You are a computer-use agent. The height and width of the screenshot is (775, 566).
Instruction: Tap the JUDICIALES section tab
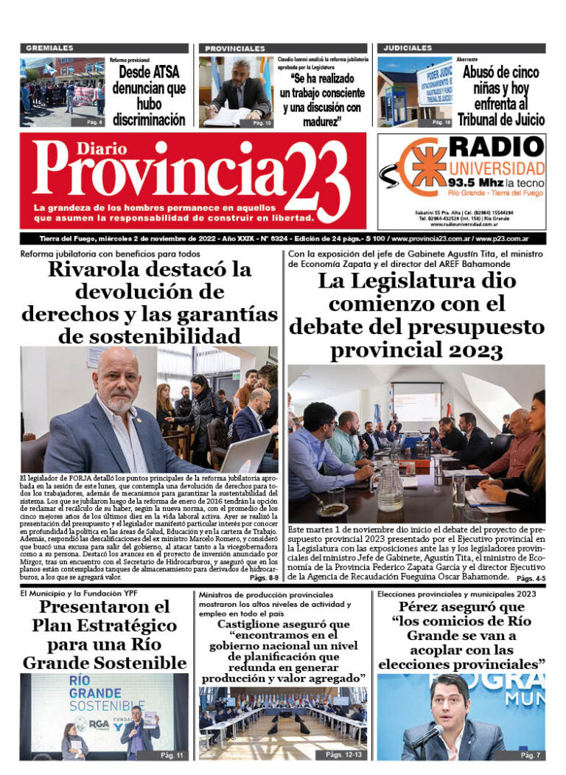coord(408,48)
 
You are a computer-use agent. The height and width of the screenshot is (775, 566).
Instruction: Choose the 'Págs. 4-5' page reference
coord(528,579)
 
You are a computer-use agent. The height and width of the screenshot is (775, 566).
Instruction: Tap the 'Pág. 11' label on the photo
coord(175,754)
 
